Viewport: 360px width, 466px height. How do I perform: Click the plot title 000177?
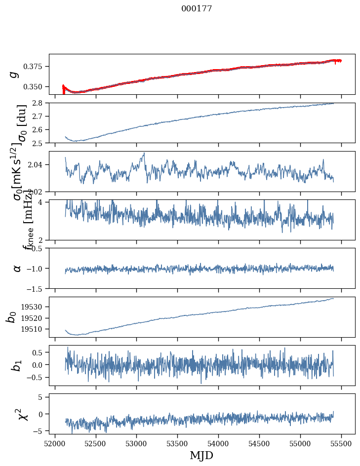pos(197,9)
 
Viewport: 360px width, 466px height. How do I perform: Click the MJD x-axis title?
pos(202,455)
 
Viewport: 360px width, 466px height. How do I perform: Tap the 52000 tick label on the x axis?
pos(55,443)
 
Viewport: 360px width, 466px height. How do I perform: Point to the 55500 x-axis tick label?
pos(342,443)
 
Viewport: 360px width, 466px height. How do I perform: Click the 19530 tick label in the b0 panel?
pos(35,307)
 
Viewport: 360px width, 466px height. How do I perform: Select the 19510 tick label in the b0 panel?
pos(35,329)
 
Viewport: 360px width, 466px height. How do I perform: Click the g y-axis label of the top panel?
pos(15,74)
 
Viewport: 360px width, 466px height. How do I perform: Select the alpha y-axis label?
pos(17,268)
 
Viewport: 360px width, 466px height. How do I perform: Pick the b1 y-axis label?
pos(16,365)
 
